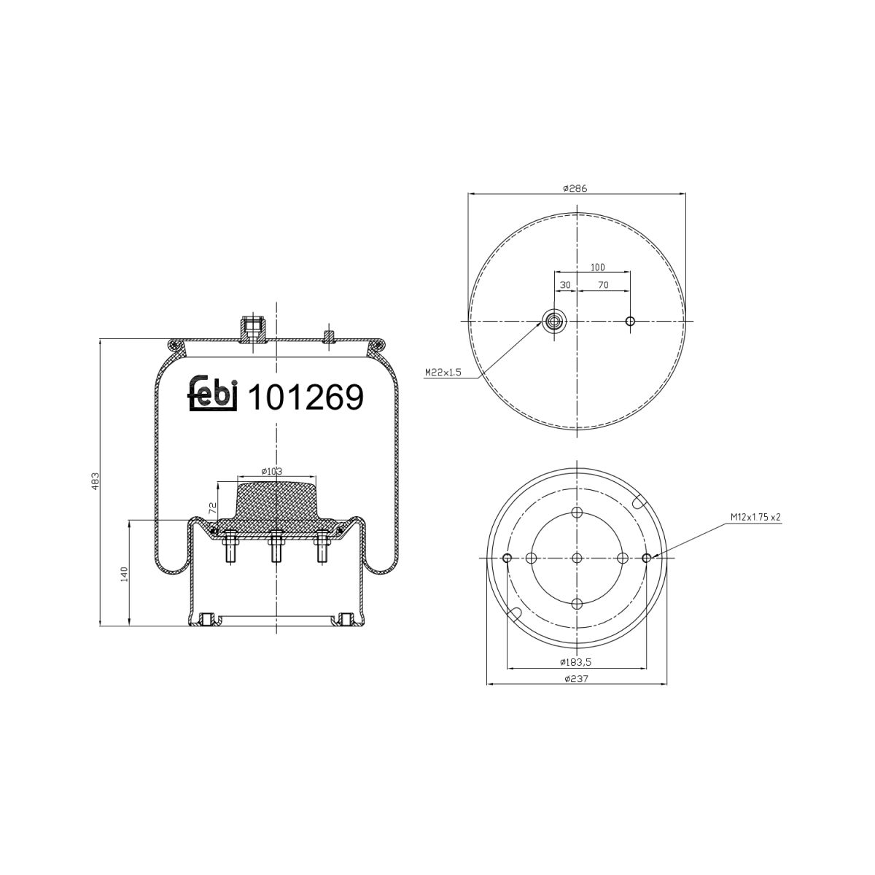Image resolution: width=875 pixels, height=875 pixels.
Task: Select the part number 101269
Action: click(306, 397)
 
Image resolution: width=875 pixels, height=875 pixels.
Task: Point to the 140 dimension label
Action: click(125, 574)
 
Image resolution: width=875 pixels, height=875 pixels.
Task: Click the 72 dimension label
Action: click(212, 508)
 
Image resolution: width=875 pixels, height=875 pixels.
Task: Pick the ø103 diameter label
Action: click(271, 471)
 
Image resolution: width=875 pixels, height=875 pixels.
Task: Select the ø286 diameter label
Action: click(575, 188)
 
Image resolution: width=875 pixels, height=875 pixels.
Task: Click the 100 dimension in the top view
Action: click(598, 268)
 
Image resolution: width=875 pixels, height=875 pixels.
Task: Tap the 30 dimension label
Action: click(565, 285)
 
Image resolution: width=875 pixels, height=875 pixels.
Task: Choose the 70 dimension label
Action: click(603, 285)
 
